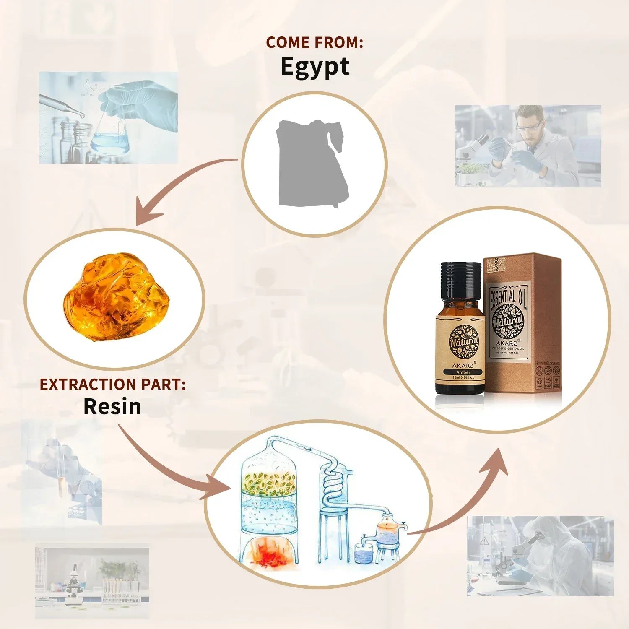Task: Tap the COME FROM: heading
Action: [x=314, y=42]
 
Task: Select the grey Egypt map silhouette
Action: [x=312, y=164]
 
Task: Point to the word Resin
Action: [x=112, y=407]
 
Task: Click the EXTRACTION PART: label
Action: [x=112, y=385]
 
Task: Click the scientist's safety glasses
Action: [x=530, y=125]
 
